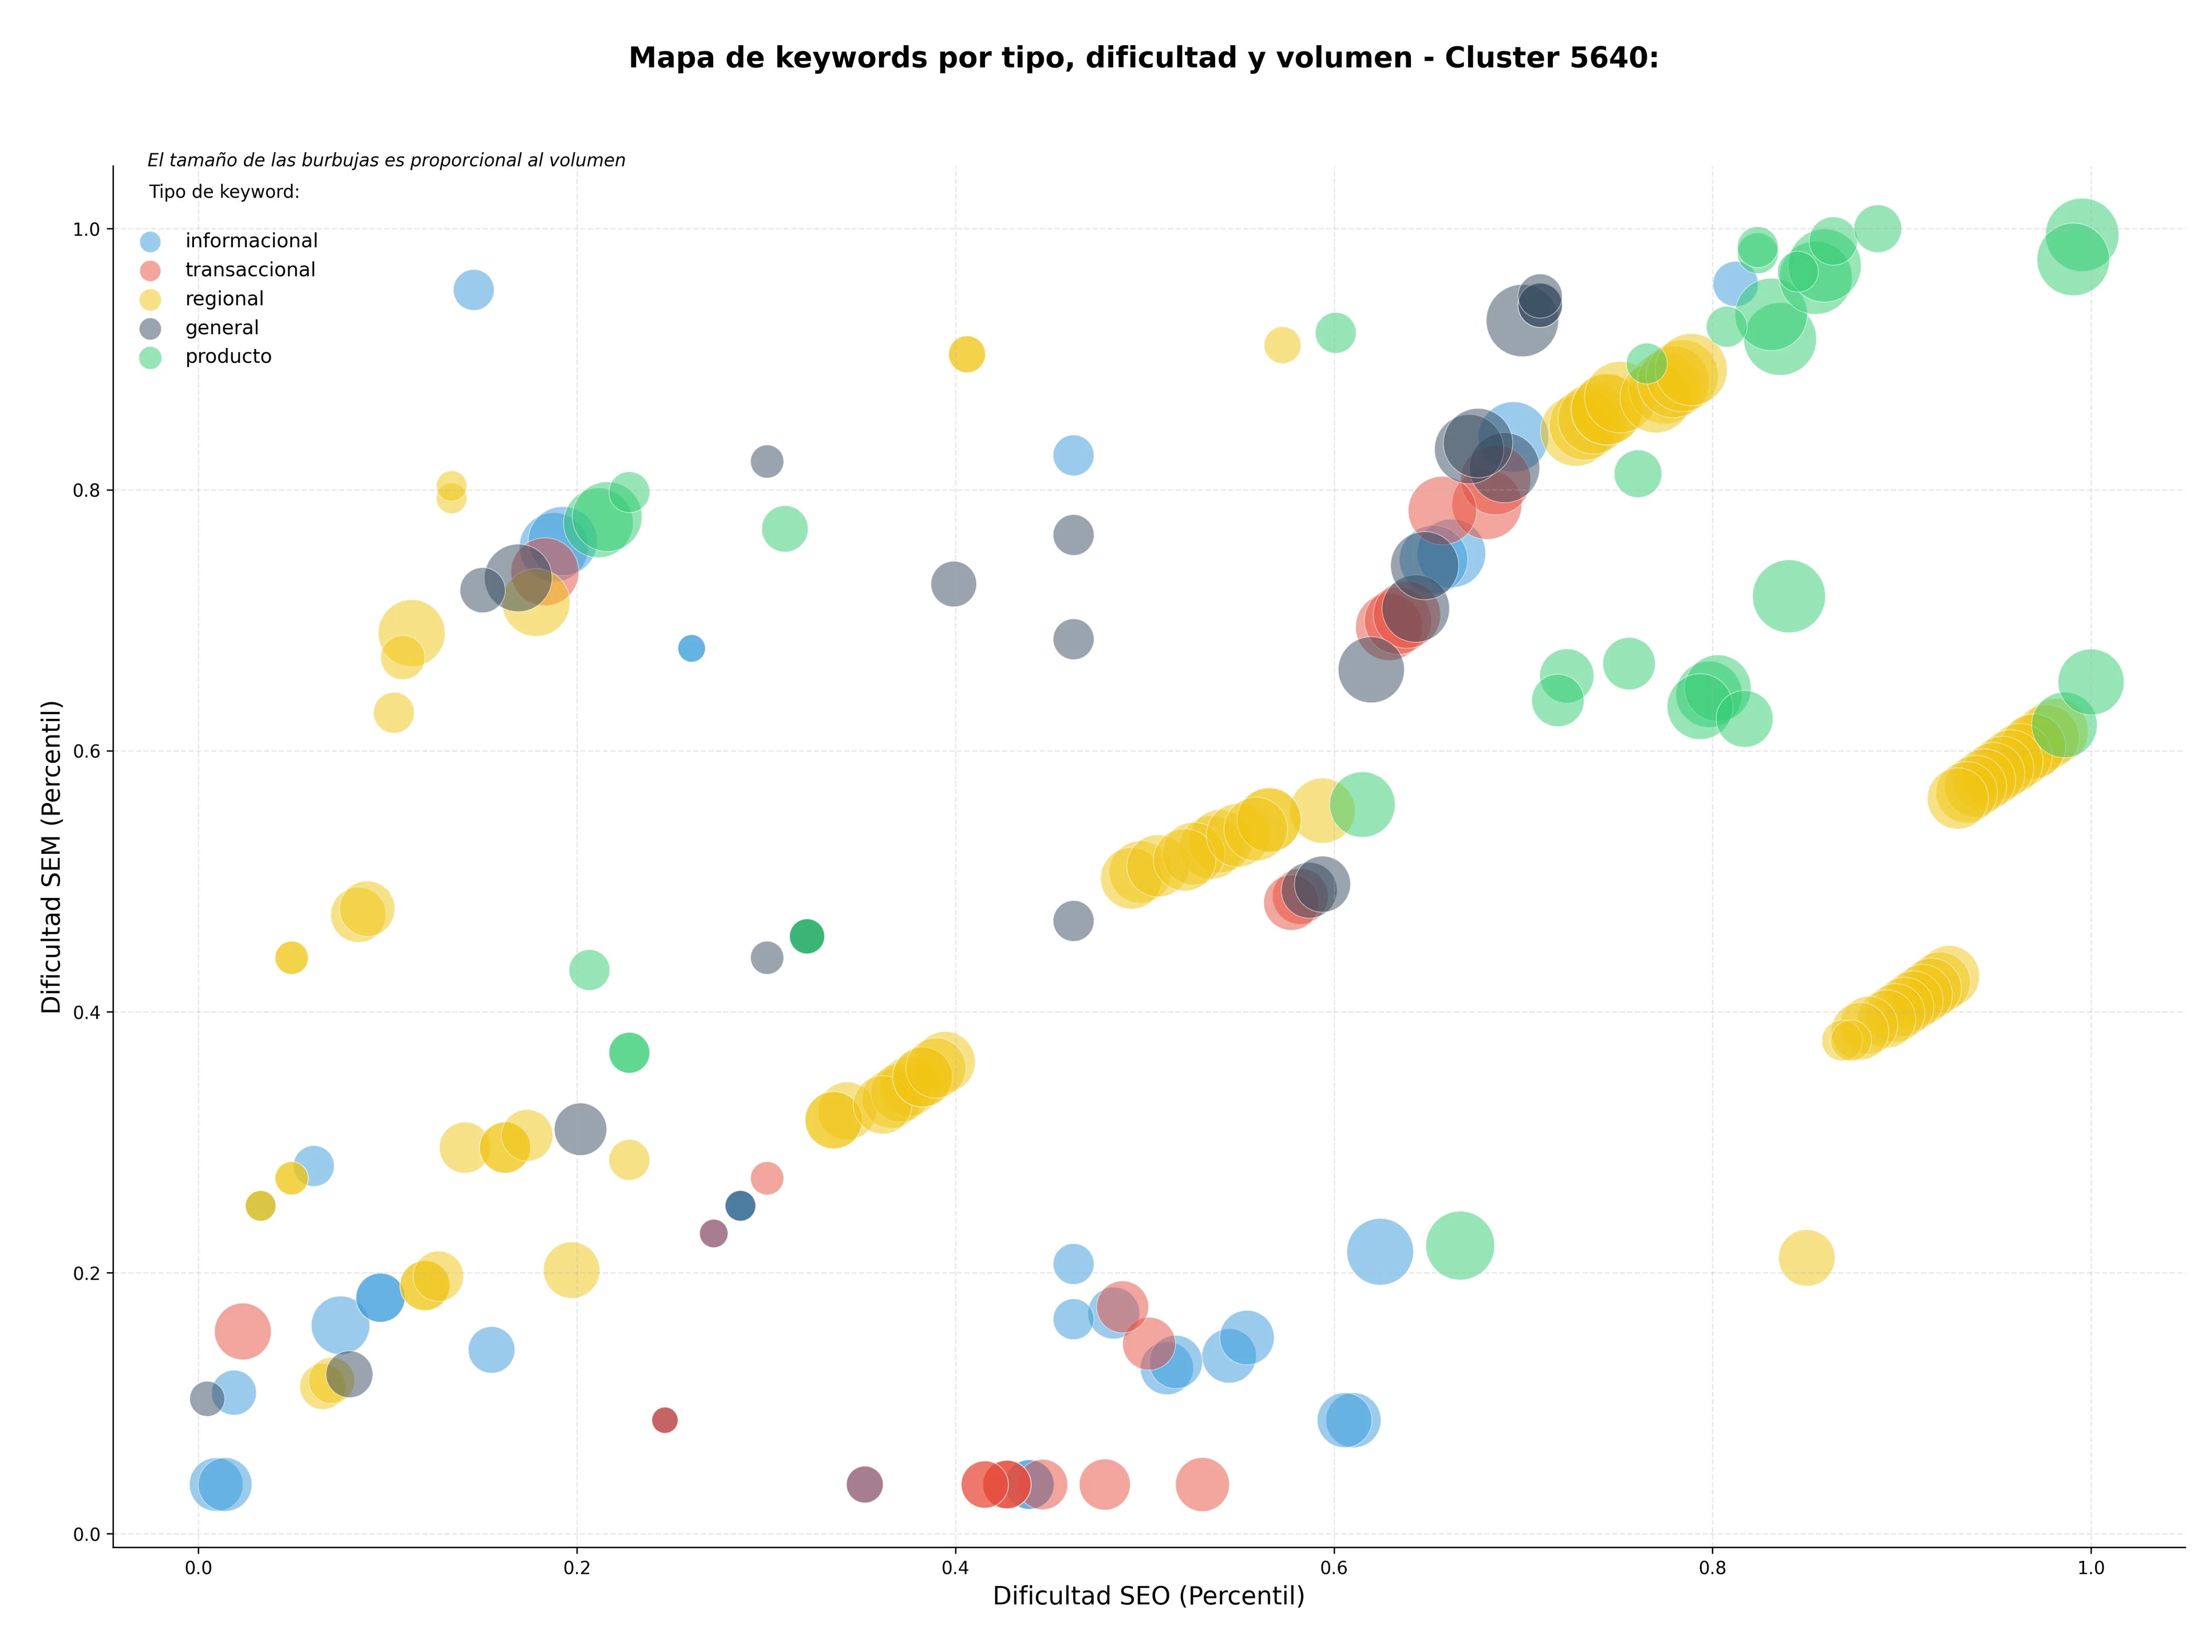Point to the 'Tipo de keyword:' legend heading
[224, 192]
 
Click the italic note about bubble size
[386, 160]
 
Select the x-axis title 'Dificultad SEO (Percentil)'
[1149, 1596]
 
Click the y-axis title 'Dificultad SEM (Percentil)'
[52, 856]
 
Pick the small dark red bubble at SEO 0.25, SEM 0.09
[665, 1419]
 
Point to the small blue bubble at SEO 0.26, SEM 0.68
[691, 648]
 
